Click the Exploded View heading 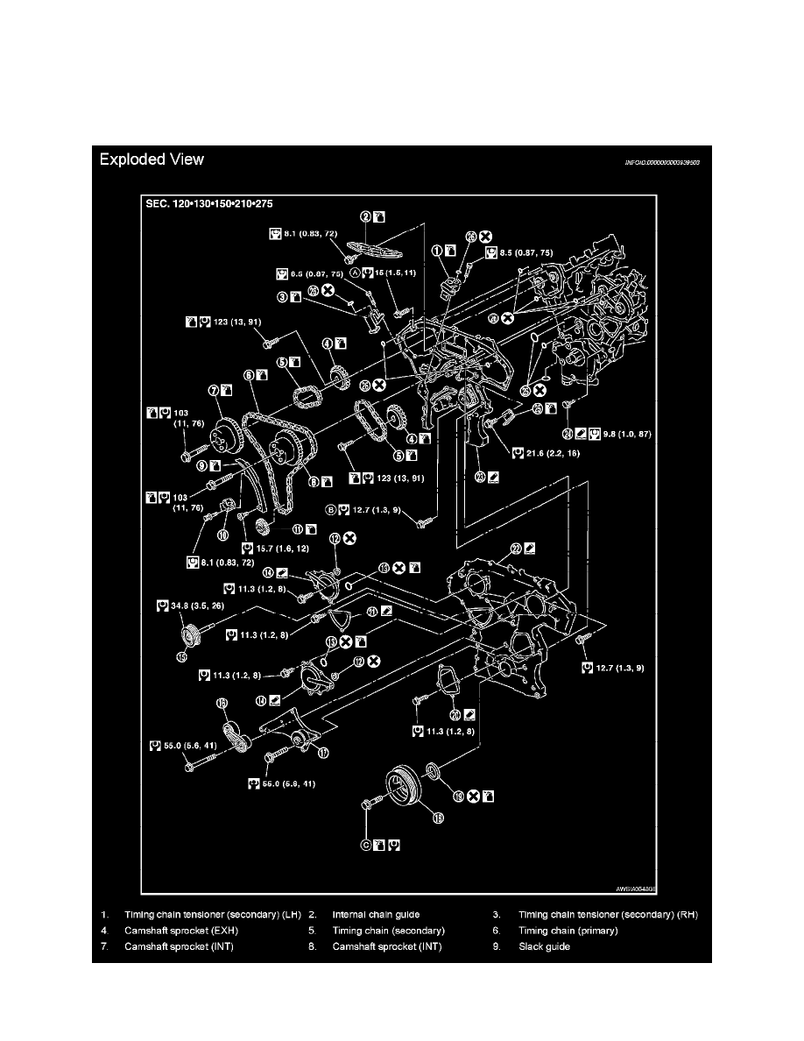pos(152,159)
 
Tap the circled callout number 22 pos(516,548)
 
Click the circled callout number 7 pos(212,389)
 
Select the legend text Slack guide pos(544,946)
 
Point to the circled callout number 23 pos(480,477)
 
